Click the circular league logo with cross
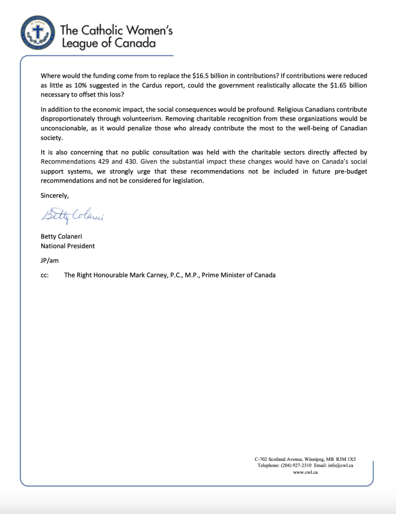coord(37,34)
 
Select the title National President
coord(68,246)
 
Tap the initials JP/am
coord(50,260)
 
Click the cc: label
coord(45,275)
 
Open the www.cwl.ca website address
coord(305,472)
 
